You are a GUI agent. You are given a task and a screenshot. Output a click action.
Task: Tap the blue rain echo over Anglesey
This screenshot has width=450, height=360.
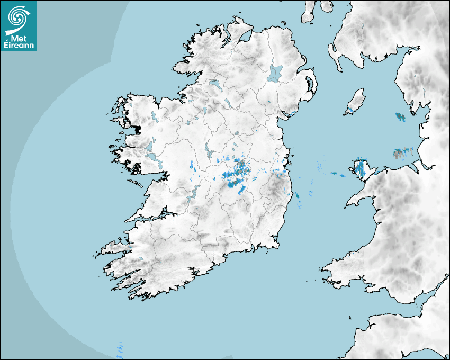[361, 169]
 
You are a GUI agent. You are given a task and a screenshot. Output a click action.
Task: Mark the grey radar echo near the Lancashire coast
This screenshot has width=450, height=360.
[398, 154]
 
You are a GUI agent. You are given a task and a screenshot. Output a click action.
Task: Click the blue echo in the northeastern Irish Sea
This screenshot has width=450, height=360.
[400, 116]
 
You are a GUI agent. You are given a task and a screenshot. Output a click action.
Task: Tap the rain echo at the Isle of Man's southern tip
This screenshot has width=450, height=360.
[349, 111]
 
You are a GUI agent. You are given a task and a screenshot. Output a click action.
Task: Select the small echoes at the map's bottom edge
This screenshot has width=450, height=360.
[120, 348]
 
